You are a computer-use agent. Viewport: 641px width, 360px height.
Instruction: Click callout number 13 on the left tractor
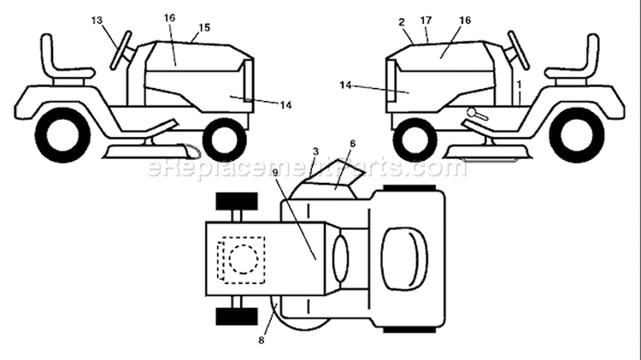97,21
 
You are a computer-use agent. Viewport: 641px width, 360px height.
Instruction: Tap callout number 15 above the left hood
204,27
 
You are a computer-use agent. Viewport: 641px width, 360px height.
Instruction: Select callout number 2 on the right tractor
402,22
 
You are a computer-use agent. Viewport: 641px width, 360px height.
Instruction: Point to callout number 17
426,20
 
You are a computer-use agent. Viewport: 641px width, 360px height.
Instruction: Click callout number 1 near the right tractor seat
519,85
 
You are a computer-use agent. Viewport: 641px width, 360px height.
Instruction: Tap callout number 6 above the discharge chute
352,144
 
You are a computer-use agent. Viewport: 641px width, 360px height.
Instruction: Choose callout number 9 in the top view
275,173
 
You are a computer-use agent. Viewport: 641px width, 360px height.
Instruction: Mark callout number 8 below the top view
262,340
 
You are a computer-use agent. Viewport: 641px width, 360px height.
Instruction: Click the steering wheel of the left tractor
121,50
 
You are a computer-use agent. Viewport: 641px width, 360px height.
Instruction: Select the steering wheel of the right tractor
519,50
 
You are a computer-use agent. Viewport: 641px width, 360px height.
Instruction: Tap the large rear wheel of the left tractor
62,135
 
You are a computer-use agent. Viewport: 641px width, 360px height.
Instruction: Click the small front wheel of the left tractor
225,140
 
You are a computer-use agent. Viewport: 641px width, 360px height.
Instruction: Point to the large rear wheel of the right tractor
577,135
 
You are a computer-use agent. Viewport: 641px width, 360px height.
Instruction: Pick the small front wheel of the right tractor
415,140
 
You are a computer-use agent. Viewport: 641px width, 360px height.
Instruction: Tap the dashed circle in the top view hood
244,259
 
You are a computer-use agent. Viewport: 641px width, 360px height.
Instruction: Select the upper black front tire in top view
237,201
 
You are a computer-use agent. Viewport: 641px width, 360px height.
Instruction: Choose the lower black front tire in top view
237,316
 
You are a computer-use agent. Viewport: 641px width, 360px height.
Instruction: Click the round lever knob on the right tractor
472,112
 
